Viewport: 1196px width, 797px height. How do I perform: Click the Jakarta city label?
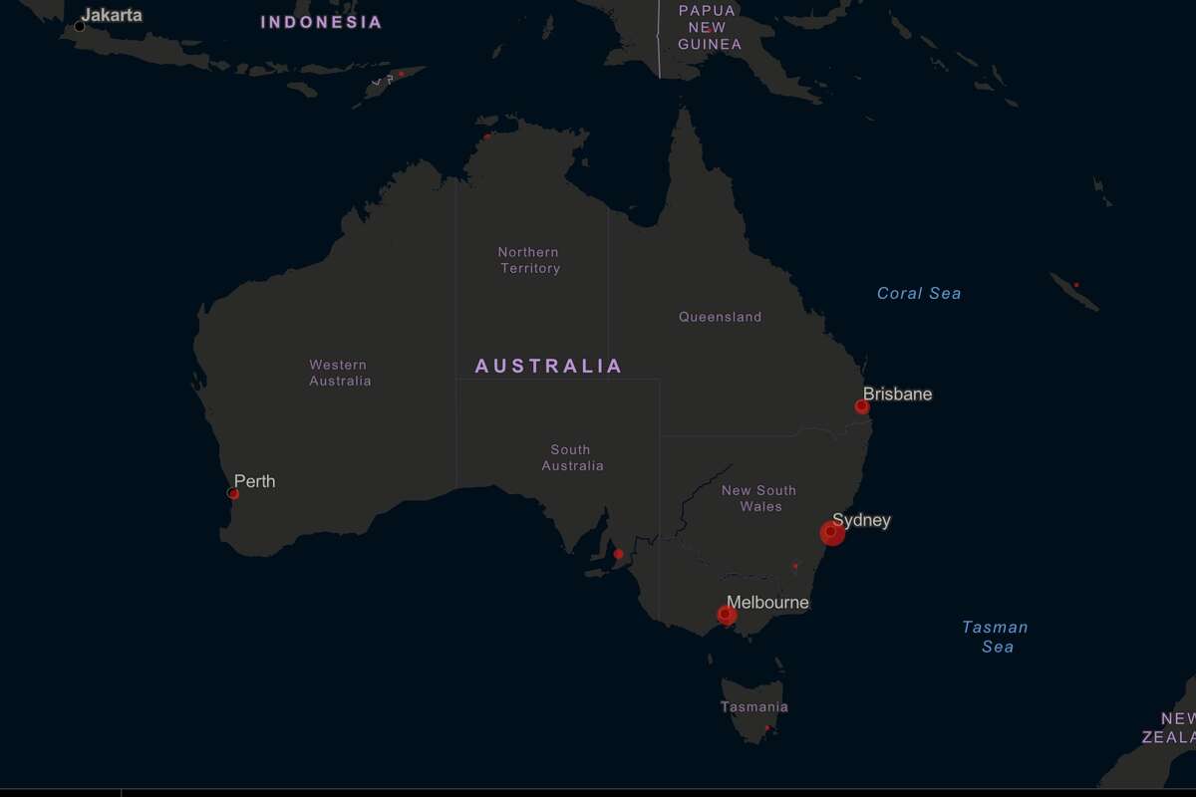112,15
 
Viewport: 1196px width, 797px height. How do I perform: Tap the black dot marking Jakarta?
80,26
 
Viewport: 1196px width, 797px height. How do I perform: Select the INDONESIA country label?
321,22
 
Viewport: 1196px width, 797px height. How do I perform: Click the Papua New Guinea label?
709,27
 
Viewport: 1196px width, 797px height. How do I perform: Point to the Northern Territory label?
529,260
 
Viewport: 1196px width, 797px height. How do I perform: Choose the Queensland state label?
720,317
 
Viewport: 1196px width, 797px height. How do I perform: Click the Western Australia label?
339,373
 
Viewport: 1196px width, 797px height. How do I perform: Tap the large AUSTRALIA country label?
548,366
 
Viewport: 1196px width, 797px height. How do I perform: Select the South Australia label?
572,457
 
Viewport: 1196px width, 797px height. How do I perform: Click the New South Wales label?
759,498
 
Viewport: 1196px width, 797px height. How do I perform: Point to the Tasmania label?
753,706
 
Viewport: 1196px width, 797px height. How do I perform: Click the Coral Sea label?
919,293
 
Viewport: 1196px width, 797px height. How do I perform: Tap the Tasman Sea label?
995,637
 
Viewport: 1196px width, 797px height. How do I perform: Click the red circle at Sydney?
832,533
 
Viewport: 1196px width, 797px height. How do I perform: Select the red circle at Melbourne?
728,615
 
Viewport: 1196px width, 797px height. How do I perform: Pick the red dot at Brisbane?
862,406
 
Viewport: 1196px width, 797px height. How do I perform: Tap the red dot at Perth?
233,493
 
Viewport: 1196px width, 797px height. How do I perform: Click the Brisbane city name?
898,394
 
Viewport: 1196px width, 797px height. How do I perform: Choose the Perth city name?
254,481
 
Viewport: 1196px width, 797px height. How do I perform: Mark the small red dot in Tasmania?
766,728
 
